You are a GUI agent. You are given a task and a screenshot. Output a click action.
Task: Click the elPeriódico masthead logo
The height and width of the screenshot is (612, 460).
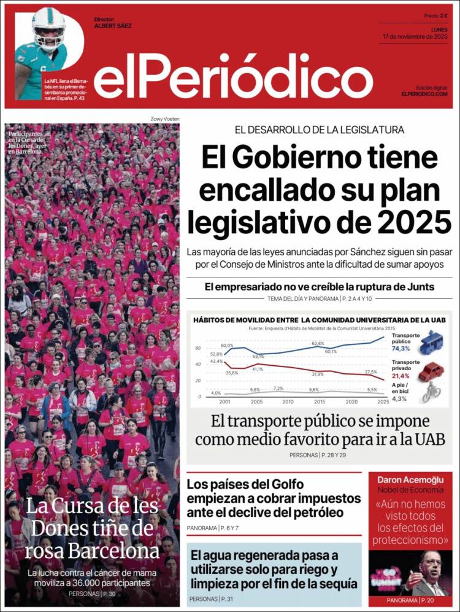pos(233,79)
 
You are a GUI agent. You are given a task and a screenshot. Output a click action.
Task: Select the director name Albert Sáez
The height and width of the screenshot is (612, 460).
pos(113,26)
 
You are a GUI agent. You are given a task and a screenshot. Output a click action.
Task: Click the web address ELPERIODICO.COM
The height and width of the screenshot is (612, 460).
pos(424,93)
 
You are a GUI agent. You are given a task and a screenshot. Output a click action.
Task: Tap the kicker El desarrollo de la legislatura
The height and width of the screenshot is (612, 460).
pos(319,130)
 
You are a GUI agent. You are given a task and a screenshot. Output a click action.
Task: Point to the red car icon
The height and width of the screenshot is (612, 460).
pos(432,371)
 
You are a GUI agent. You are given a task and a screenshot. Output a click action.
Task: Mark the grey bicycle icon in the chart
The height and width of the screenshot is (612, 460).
pos(432,392)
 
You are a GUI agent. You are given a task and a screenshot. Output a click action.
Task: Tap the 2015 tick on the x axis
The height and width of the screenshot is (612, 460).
pos(318,401)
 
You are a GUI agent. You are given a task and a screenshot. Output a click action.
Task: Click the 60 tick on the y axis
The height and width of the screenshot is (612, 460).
pos(197,348)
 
